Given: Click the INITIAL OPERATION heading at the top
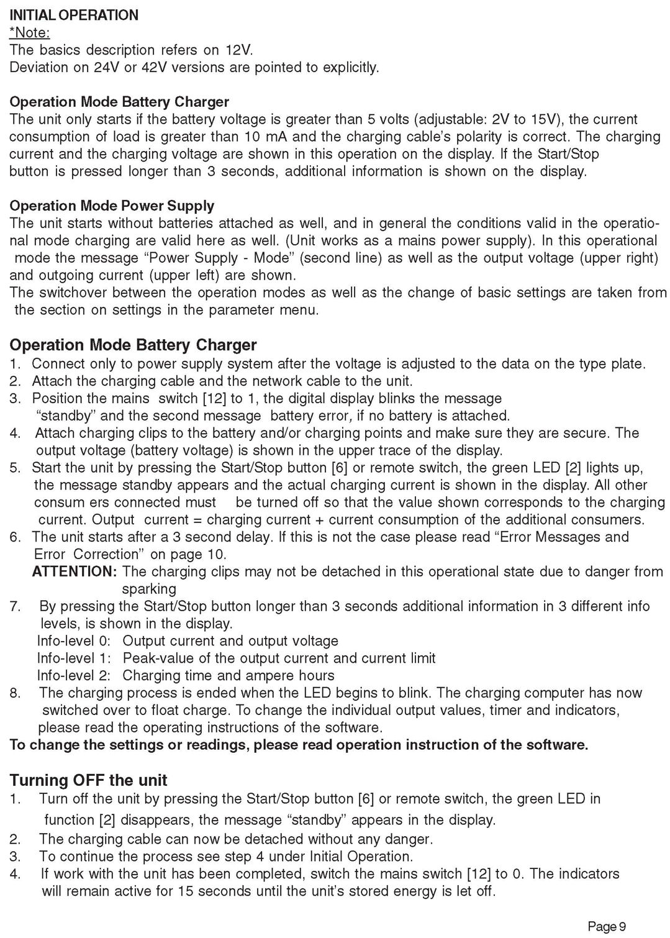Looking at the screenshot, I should [x=74, y=15].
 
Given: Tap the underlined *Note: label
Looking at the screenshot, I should [x=29, y=32].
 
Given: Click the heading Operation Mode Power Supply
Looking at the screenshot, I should [x=112, y=206].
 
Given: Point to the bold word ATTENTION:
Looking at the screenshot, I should [x=75, y=571].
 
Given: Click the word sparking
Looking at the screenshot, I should [x=149, y=589].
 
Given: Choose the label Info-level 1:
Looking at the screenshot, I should [x=74, y=658].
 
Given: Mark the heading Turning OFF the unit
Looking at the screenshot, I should [x=89, y=780].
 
